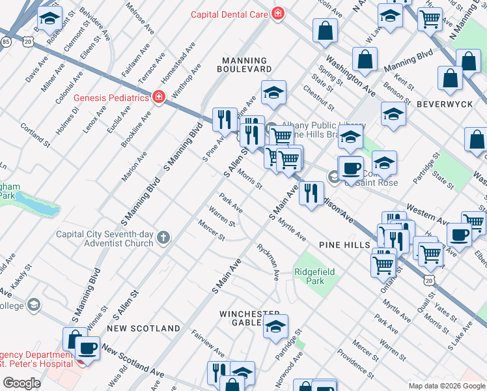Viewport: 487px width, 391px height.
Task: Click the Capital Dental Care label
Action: coord(230,14)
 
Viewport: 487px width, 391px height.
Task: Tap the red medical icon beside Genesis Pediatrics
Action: coord(158,98)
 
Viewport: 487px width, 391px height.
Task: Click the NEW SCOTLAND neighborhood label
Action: coord(143,328)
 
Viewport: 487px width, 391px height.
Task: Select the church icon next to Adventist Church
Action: coord(163,239)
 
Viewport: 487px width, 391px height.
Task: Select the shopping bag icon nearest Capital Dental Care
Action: coord(325,30)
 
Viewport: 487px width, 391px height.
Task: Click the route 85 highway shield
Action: coord(6,41)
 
